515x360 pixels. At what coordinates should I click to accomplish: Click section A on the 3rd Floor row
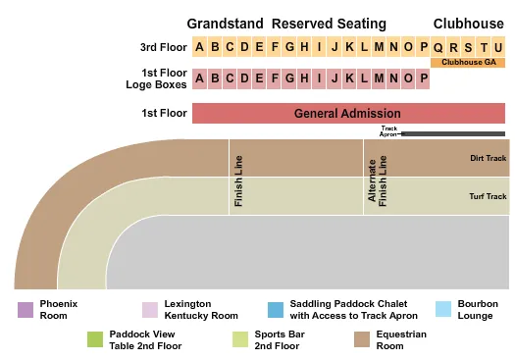(200, 47)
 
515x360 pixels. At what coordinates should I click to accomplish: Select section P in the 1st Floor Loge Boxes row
(423, 78)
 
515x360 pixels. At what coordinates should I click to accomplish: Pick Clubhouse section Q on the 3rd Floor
(438, 47)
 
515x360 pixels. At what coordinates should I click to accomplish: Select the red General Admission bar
(347, 114)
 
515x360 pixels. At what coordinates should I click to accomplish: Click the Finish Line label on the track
(237, 180)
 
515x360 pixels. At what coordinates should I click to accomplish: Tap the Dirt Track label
(488, 157)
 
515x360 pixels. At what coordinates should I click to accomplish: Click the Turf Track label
(488, 196)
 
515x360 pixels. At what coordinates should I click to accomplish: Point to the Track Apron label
(389, 131)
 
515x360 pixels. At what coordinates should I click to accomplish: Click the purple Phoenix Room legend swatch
(25, 309)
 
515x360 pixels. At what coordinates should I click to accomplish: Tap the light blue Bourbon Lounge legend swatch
(442, 309)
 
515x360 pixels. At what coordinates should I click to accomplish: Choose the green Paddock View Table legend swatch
(95, 339)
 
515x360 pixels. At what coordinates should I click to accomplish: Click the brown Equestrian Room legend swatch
(360, 339)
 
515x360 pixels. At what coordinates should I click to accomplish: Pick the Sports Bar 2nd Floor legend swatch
(240, 339)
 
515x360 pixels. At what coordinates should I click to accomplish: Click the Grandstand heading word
(225, 23)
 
